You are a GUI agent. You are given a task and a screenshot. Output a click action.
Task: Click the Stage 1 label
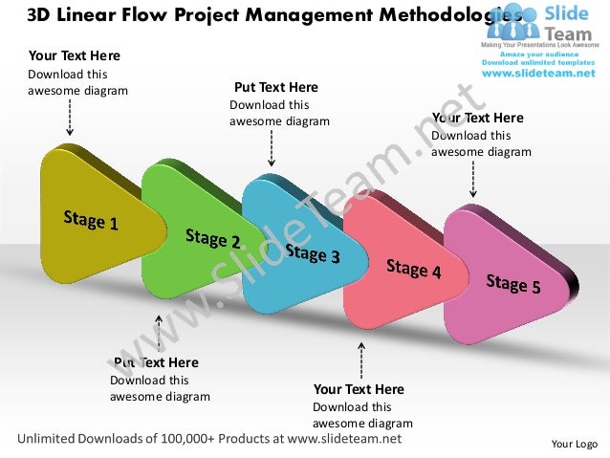(91, 220)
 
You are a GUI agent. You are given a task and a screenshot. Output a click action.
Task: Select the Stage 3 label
(312, 253)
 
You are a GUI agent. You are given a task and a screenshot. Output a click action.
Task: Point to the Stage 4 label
(413, 269)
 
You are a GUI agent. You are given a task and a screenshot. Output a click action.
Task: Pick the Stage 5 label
(512, 284)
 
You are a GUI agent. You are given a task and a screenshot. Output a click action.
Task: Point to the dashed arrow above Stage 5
(473, 179)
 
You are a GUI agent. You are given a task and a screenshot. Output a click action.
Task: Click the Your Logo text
(575, 444)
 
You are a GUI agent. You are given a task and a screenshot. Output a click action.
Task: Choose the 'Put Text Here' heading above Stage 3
(275, 87)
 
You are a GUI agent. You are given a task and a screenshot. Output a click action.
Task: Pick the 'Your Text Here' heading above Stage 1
(75, 55)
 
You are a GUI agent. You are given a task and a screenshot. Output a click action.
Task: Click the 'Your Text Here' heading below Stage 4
(359, 389)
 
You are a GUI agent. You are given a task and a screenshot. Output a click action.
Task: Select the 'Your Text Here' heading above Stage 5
(478, 118)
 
